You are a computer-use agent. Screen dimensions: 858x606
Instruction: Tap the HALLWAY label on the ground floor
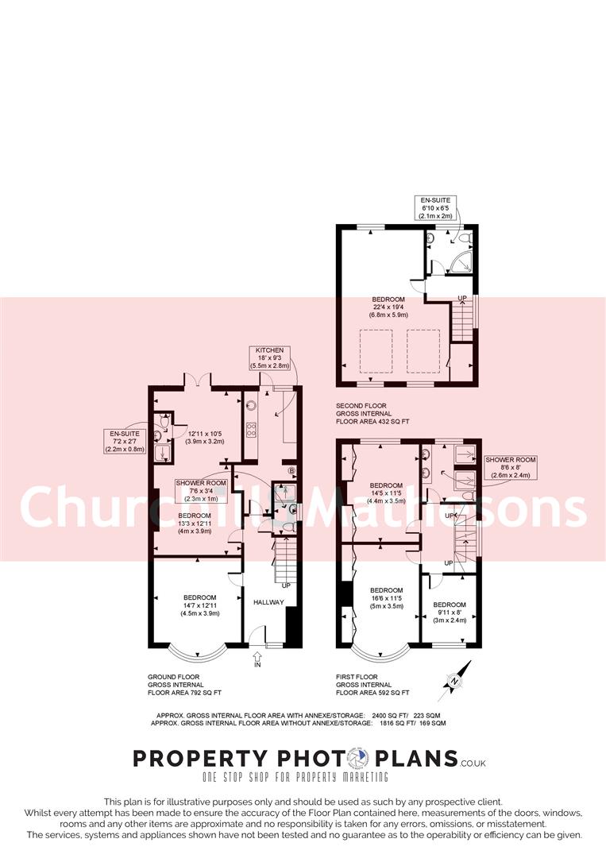coord(268,602)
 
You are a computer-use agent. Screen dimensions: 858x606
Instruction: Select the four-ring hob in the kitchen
coord(252,431)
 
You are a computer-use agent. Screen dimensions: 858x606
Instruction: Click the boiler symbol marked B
coord(291,470)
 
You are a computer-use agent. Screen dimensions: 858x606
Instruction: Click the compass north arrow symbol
coord(454,681)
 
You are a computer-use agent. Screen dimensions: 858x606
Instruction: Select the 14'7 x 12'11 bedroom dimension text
coord(199,605)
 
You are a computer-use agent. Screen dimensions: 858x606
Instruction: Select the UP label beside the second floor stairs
coord(461,299)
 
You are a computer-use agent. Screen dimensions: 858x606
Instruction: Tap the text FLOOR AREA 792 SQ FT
coord(184,692)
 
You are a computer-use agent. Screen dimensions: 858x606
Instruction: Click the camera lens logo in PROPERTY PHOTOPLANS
coord(363,759)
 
